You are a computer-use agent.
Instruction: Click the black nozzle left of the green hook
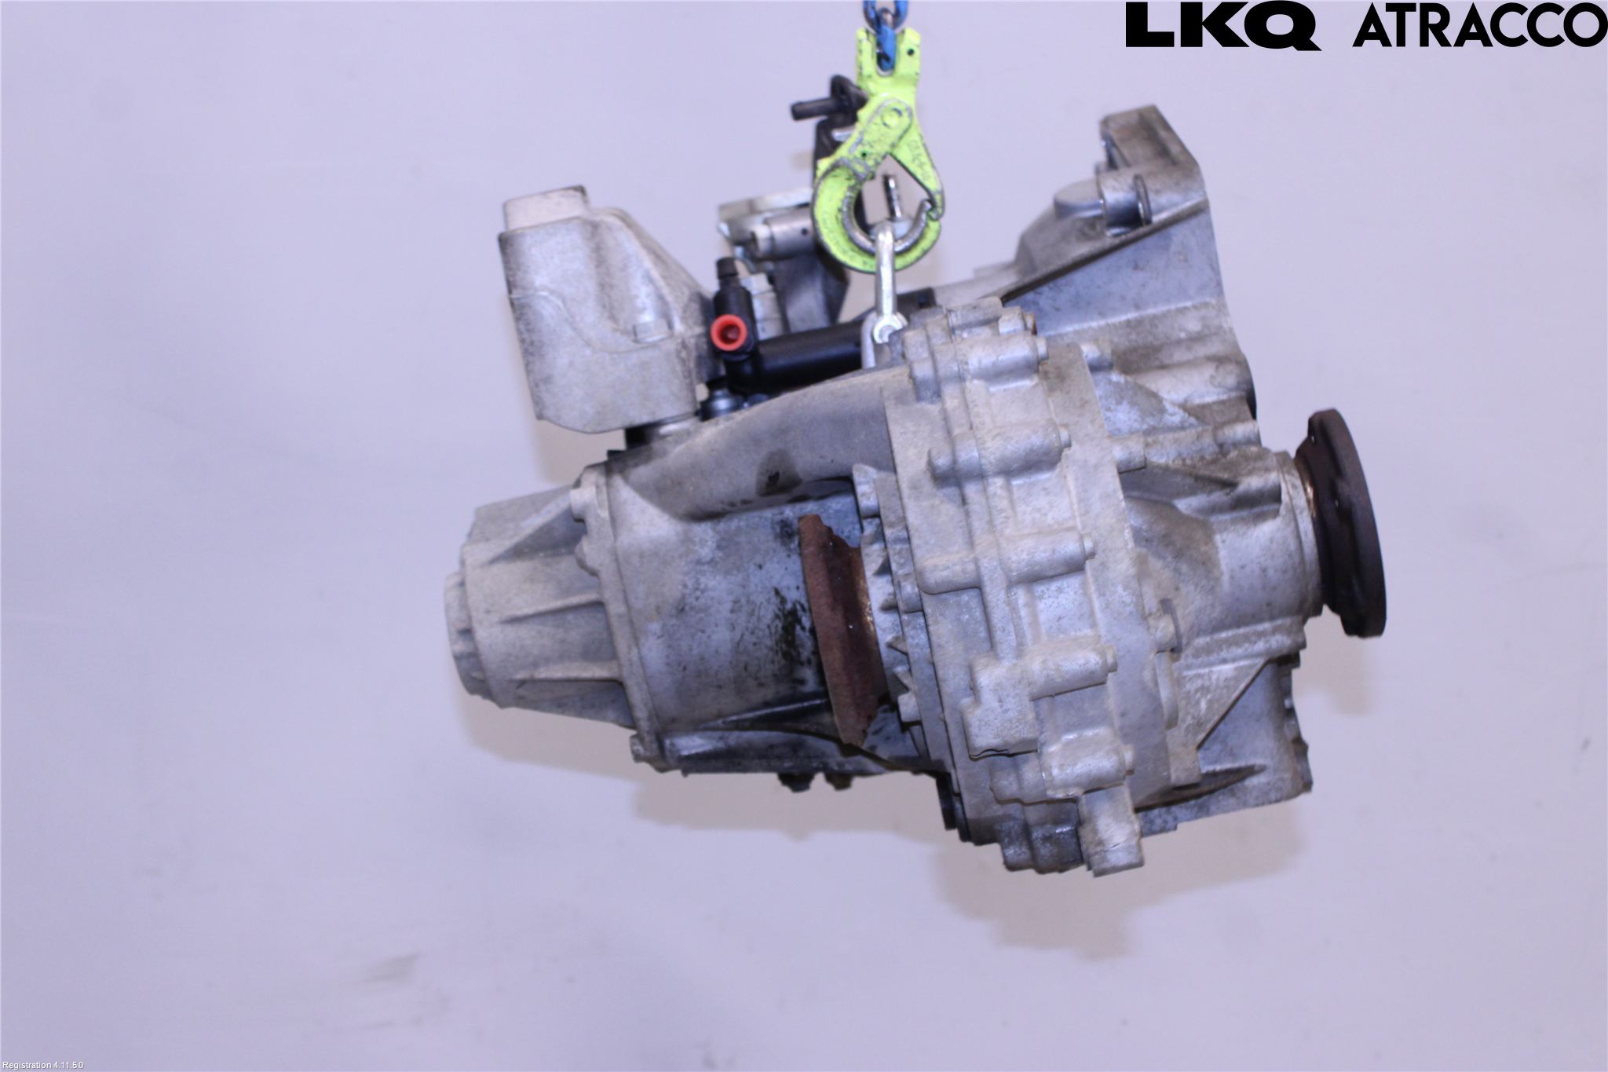[820, 107]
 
